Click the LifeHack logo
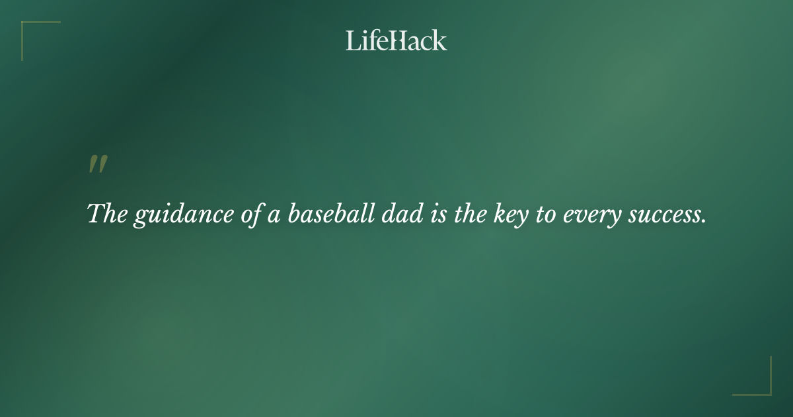(x=396, y=40)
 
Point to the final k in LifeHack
(x=440, y=40)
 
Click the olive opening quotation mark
(x=98, y=165)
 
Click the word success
(x=662, y=215)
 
